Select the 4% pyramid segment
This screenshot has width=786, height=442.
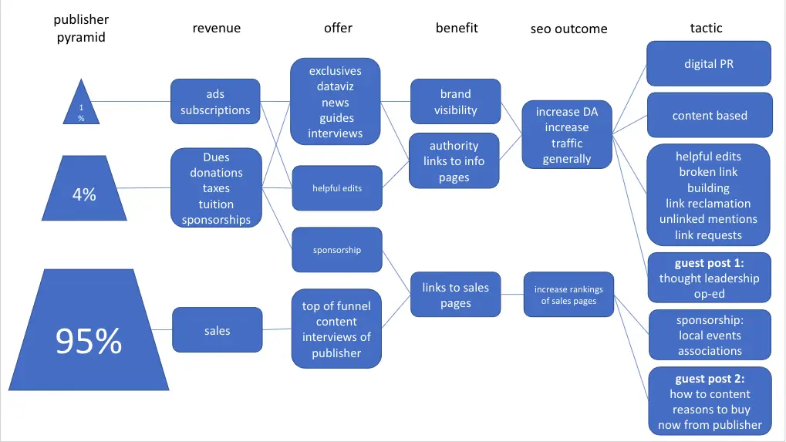84,191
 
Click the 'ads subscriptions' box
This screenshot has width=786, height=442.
215,102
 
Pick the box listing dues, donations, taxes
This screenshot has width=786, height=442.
216,188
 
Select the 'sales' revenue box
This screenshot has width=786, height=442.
217,331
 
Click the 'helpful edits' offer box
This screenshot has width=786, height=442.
336,188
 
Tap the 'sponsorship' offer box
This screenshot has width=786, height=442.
336,250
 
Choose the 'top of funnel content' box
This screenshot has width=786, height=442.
336,329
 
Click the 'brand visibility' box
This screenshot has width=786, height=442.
455,102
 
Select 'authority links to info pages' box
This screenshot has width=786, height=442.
454,161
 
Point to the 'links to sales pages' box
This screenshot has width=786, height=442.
455,295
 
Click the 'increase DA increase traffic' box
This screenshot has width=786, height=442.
567,135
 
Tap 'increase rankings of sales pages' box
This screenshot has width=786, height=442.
568,295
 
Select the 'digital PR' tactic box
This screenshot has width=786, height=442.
709,64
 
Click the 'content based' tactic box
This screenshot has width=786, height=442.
710,116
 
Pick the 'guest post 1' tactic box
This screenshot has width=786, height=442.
709,278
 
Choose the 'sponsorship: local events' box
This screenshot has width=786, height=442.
710,336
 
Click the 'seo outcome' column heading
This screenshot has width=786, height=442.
568,29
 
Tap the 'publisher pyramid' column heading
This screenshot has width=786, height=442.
81,28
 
